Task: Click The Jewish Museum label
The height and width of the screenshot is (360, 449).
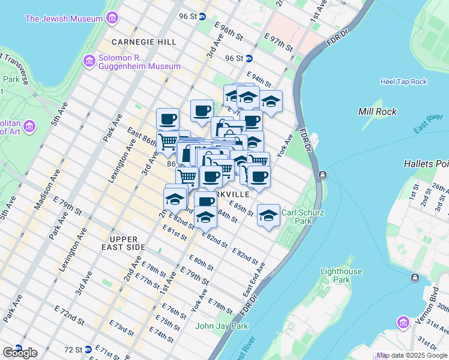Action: [x=63, y=19]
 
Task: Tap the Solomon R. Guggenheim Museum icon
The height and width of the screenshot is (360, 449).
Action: [x=89, y=61]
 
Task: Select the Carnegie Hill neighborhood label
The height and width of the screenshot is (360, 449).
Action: [x=144, y=42]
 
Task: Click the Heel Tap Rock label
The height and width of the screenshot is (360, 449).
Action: [x=403, y=82]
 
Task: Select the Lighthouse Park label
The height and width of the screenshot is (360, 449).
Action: [x=341, y=275]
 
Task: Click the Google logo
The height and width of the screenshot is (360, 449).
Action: [x=20, y=353]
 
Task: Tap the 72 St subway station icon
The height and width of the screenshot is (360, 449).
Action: [x=88, y=349]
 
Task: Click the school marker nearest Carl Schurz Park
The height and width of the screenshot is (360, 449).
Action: [x=268, y=215]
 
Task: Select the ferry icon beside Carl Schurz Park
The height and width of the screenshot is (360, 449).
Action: [x=323, y=175]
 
